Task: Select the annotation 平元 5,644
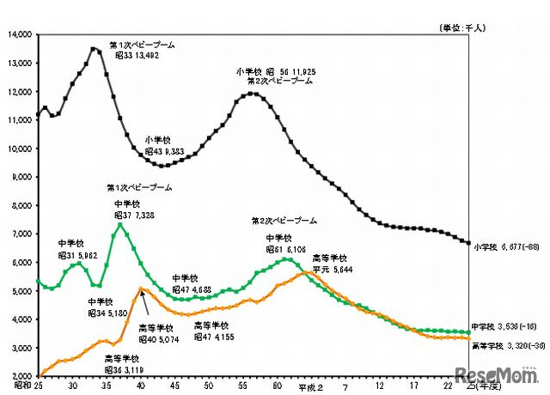(x=328, y=267)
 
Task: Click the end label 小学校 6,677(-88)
(x=508, y=247)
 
